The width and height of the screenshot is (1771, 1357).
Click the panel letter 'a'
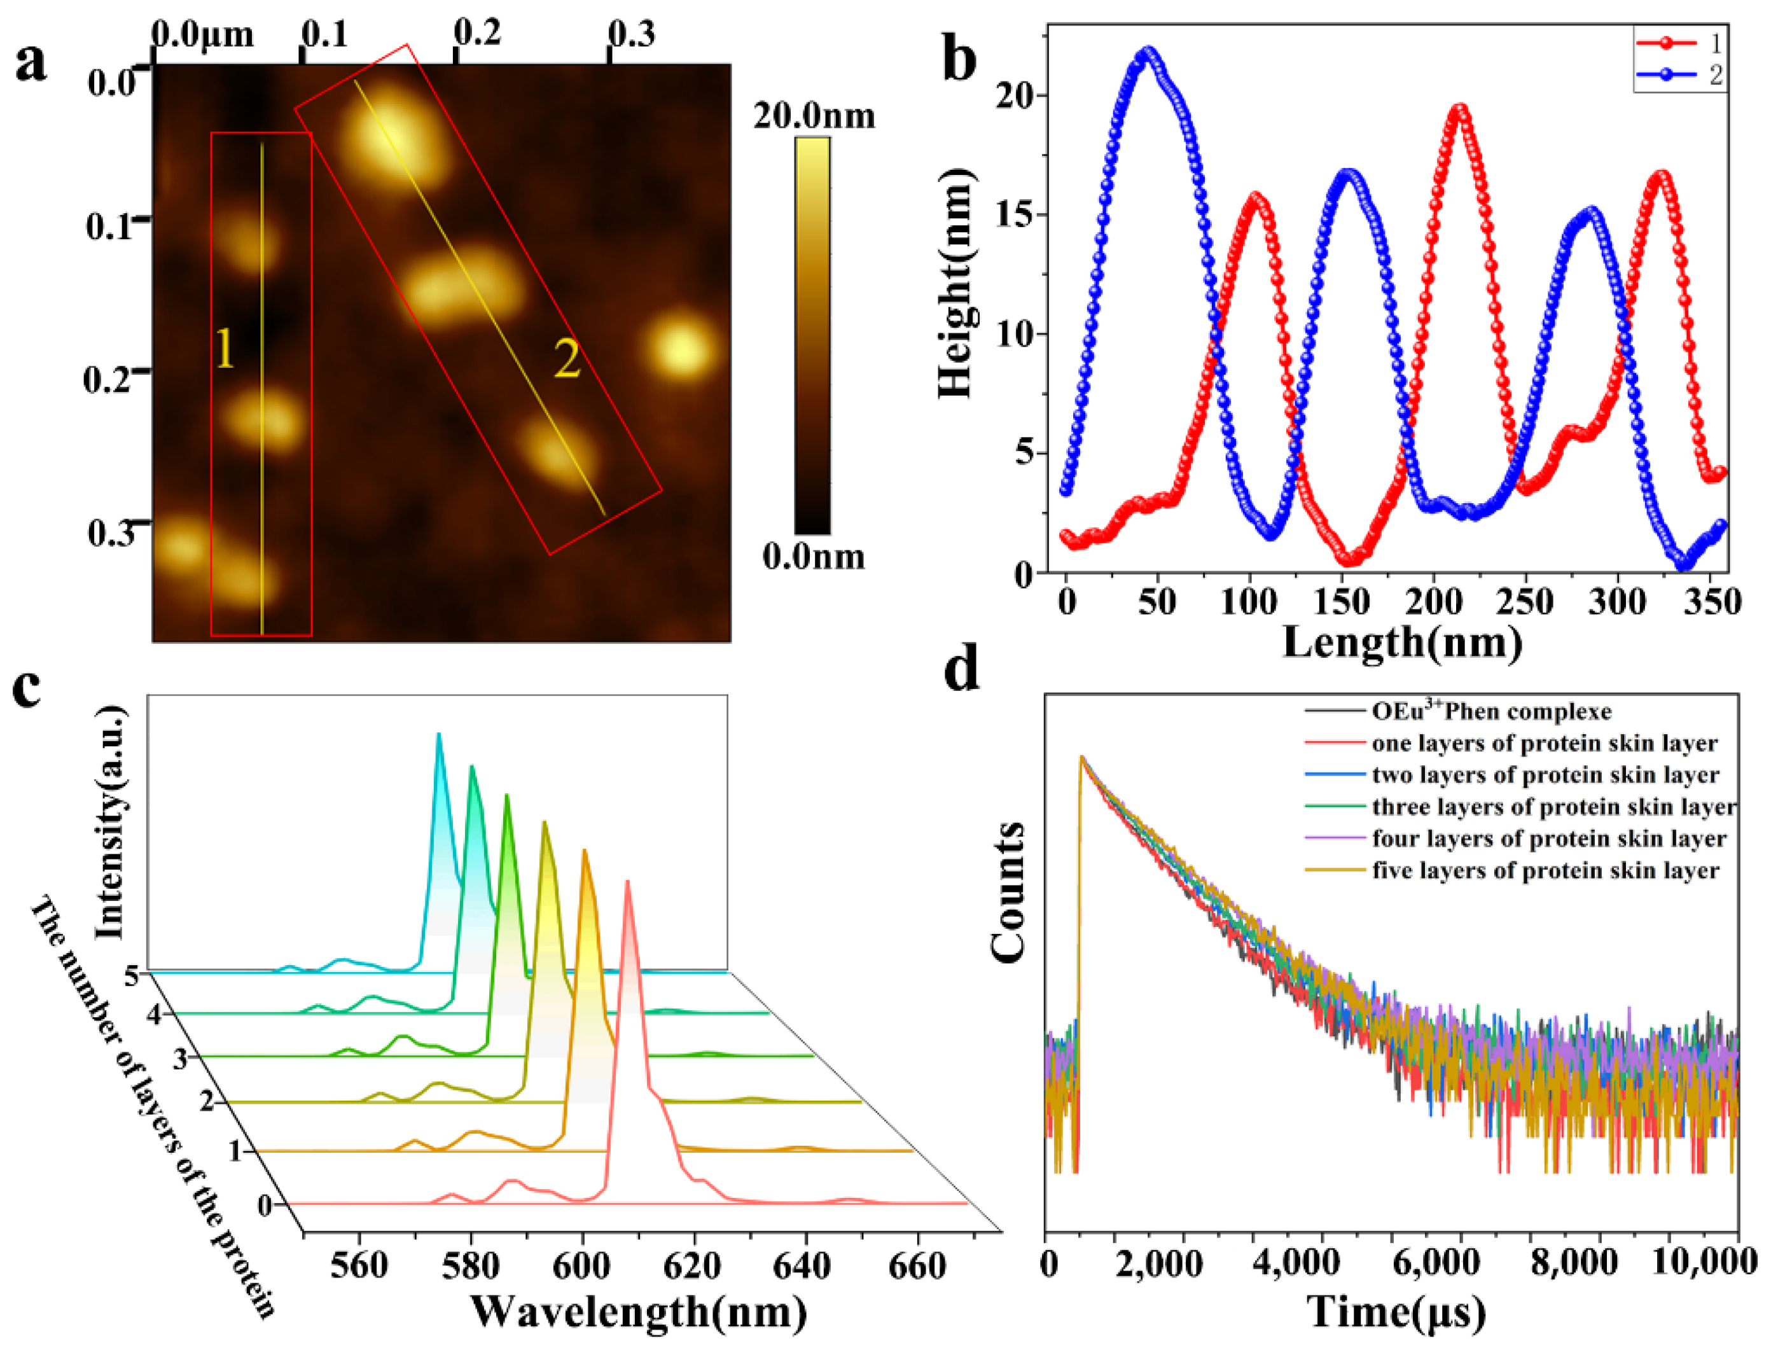(31, 62)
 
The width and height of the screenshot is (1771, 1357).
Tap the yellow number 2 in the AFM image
(567, 359)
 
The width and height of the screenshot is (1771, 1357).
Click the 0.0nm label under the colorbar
(813, 557)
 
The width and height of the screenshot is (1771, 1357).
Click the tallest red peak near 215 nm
(1459, 108)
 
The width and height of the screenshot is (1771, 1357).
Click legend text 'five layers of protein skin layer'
(1545, 871)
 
